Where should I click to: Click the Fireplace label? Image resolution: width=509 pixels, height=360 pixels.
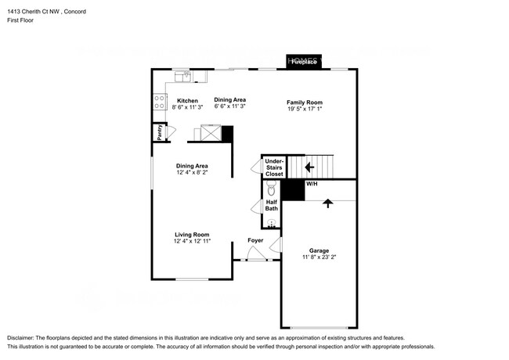[x=304, y=63]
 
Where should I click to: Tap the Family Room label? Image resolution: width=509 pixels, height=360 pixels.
[x=304, y=103]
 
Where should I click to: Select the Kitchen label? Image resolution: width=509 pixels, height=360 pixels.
[x=187, y=100]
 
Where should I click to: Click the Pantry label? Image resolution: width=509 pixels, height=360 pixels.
[x=159, y=131]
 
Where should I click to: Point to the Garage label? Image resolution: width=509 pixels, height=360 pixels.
[x=318, y=250]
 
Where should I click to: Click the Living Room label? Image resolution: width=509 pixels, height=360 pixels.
[x=191, y=234]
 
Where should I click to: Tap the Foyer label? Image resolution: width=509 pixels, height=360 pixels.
[x=255, y=240]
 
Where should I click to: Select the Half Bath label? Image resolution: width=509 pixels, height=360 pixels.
[x=271, y=205]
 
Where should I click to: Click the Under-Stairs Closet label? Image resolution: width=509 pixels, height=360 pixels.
[x=273, y=167]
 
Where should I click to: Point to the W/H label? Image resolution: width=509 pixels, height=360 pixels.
[x=311, y=183]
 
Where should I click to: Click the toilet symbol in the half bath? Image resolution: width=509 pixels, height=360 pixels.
[x=271, y=189]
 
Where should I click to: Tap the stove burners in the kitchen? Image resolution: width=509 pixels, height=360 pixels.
[x=159, y=100]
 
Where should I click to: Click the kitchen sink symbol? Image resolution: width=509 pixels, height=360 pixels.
[x=183, y=77]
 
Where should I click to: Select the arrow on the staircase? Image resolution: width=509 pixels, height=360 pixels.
[x=309, y=166]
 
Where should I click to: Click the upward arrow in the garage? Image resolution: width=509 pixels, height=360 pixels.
[x=327, y=203]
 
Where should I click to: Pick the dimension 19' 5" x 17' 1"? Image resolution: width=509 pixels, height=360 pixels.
[x=304, y=110]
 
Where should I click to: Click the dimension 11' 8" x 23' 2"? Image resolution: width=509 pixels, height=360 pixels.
[x=318, y=257]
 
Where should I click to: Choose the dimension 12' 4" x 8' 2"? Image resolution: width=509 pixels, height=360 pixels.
[x=191, y=173]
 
